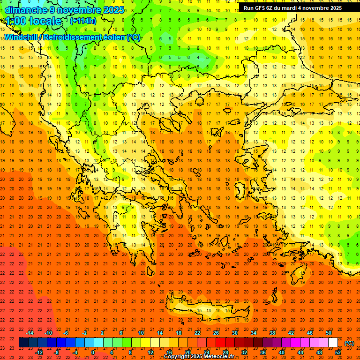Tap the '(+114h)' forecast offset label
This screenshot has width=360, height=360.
(82, 21)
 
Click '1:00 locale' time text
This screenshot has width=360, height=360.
(33, 21)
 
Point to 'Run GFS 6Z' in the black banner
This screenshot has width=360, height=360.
(260, 8)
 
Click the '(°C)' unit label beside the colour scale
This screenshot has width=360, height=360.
(349, 343)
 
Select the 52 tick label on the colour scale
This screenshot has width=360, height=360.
(337, 352)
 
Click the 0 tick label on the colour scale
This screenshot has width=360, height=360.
(92, 352)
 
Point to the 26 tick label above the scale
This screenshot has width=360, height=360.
(216, 333)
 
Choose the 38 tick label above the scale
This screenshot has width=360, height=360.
(272, 333)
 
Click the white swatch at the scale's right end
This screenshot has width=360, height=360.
(333, 343)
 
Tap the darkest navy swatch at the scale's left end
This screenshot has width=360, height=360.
(23, 343)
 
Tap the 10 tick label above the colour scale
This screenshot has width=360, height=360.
(141, 333)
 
